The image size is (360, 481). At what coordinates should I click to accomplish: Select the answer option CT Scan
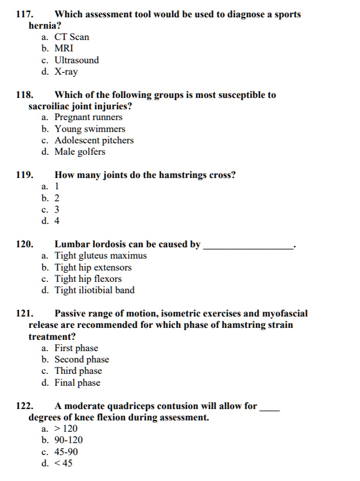pos(71,37)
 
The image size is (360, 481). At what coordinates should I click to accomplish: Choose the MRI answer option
pos(64,48)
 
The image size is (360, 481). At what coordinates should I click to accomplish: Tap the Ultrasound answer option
pos(76,60)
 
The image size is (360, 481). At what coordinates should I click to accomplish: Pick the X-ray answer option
pos(66,71)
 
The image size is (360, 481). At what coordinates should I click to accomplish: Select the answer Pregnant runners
pos(88,117)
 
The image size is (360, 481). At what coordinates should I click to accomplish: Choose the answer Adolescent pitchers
pos(94,140)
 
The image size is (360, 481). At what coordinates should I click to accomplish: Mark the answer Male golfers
pos(79,152)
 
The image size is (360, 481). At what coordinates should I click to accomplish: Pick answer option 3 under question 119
pos(57,209)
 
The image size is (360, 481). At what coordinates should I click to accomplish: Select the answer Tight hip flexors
pos(88,279)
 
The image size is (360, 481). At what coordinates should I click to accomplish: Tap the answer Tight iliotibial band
pos(94,291)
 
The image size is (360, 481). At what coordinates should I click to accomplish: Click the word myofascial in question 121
pos(284,313)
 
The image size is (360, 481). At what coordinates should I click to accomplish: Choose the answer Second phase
pos(81,359)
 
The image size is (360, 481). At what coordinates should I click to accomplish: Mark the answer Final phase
pos(77,383)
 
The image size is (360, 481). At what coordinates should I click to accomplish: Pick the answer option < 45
pos(63,463)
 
